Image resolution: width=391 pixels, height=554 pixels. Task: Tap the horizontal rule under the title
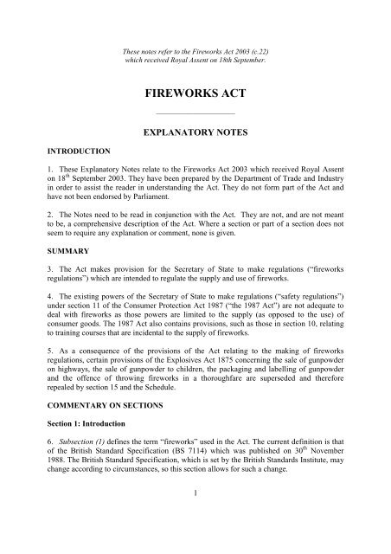tap(195, 113)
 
